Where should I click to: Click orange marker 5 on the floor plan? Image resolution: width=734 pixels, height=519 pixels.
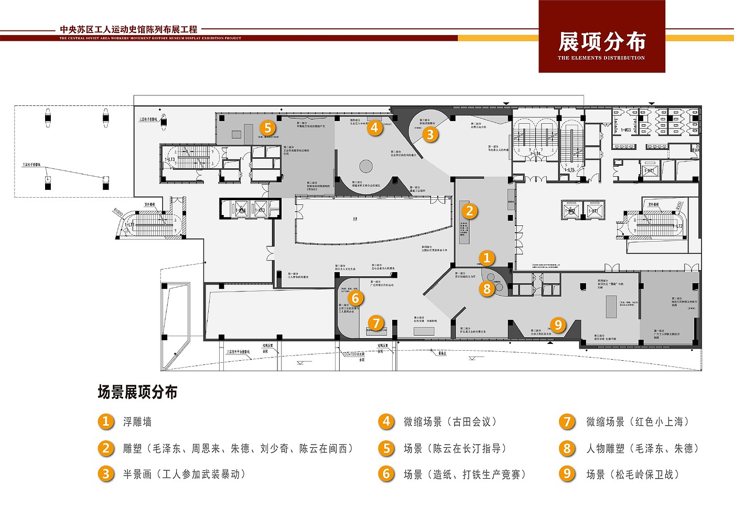[x=267, y=128]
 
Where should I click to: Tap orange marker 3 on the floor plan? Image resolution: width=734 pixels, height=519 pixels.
[x=430, y=135]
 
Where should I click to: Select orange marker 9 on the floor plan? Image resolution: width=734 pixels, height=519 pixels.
[x=558, y=325]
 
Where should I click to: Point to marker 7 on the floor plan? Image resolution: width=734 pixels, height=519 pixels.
[x=376, y=323]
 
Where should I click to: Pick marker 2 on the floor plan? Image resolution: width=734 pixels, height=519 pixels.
[x=469, y=211]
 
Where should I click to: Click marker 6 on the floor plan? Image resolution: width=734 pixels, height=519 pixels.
[x=355, y=298]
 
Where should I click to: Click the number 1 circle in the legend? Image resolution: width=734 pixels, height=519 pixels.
[x=106, y=421]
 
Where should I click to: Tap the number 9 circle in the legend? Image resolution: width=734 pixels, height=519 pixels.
[x=567, y=474]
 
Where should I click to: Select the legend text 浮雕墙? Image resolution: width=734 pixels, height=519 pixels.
[x=137, y=422]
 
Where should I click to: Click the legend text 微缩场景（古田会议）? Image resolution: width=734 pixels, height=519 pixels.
[x=450, y=422]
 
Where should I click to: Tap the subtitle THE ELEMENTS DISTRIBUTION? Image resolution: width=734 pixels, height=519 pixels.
[x=601, y=58]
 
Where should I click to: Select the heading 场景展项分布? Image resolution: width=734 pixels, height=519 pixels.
[x=137, y=392]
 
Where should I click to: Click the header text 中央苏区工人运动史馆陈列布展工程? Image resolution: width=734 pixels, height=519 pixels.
[x=128, y=30]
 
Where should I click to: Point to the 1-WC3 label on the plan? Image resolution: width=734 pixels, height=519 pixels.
[x=626, y=130]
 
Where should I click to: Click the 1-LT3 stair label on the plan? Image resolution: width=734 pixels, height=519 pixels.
[x=170, y=159]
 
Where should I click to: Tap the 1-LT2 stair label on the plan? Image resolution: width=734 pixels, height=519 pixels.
[x=679, y=226]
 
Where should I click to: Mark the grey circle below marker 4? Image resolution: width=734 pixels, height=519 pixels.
[x=365, y=167]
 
